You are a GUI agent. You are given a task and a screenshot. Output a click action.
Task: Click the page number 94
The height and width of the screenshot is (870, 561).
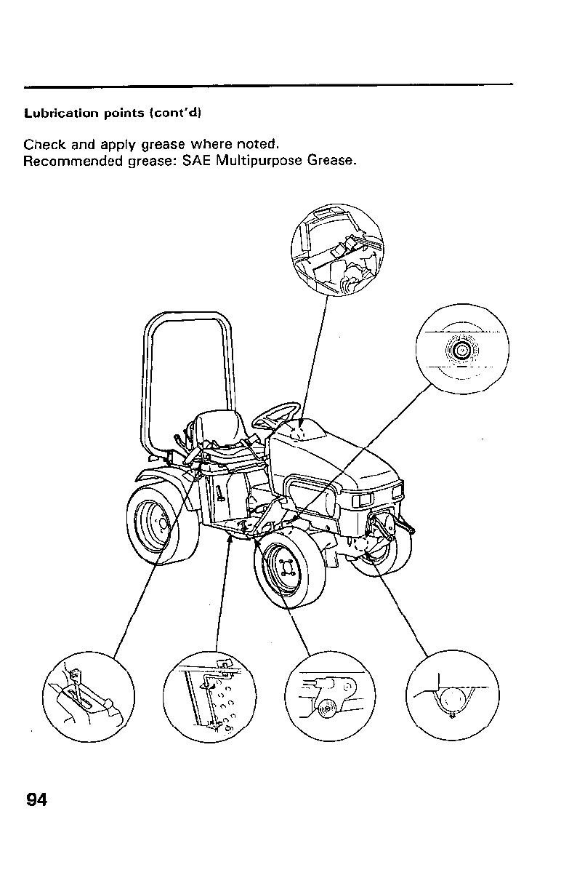tap(36, 800)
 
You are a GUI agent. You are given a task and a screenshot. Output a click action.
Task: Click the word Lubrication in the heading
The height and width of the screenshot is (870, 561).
tap(55, 113)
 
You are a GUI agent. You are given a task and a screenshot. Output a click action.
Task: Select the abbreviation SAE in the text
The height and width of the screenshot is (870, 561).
tap(196, 160)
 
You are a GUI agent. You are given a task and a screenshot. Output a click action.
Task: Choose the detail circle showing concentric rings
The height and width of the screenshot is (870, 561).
tap(461, 350)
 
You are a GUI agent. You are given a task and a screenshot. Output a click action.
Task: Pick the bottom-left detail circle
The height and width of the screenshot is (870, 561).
tap(89, 696)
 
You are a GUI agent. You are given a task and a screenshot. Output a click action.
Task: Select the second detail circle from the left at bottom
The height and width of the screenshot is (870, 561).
tap(209, 696)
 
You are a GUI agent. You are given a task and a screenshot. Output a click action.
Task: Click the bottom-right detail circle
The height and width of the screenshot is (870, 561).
tap(453, 696)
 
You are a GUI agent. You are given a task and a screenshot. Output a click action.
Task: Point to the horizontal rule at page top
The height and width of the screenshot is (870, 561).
tap(269, 85)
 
